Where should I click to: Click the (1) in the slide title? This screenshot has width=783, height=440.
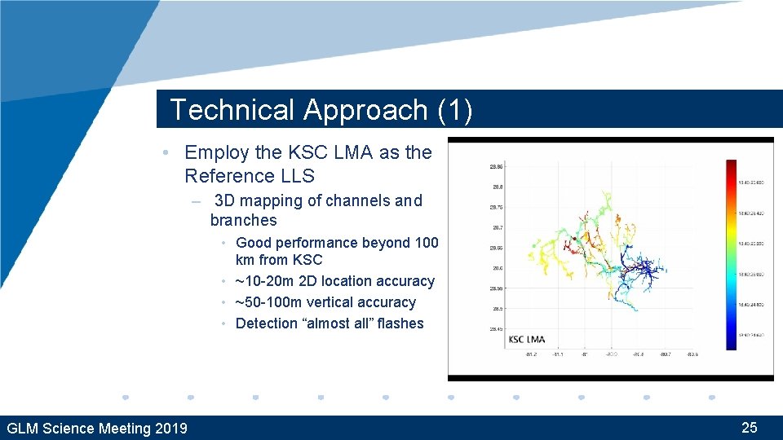coord(454,110)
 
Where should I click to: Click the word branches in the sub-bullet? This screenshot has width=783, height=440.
coord(243,220)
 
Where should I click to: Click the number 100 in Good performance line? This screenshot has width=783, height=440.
coord(425,243)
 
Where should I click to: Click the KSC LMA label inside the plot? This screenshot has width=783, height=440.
coord(527,339)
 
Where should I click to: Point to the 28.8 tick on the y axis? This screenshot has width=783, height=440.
coord(496,186)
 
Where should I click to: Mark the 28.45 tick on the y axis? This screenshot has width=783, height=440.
coord(496,329)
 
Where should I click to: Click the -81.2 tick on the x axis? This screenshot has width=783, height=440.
coord(531,354)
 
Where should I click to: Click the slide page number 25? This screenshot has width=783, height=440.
coord(749,427)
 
